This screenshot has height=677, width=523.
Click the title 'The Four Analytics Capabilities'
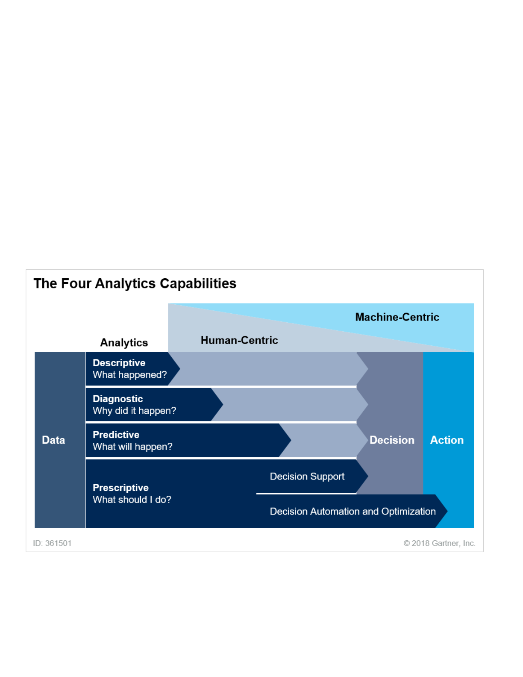pyautogui.click(x=135, y=284)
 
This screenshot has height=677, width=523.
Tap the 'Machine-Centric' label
pyautogui.click(x=397, y=317)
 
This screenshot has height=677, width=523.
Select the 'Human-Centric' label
pyautogui.click(x=239, y=340)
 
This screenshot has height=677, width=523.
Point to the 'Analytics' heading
pyautogui.click(x=124, y=343)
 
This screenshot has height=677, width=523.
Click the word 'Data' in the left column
pyautogui.click(x=53, y=440)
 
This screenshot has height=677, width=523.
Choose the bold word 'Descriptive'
pyautogui.click(x=119, y=363)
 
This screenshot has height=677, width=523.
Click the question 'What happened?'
pyautogui.click(x=129, y=374)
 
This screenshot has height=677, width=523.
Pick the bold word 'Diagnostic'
pyautogui.click(x=118, y=399)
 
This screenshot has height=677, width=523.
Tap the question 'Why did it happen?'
pyautogui.click(x=134, y=411)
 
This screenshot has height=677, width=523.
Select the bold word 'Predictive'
pyautogui.click(x=116, y=435)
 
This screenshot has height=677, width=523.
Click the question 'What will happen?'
pyautogui.click(x=132, y=447)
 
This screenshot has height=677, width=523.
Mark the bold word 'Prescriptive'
pyautogui.click(x=120, y=488)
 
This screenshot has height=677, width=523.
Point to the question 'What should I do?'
pyautogui.click(x=132, y=500)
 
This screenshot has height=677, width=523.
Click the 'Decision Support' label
pyautogui.click(x=307, y=477)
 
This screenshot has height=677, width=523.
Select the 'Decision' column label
pyautogui.click(x=392, y=440)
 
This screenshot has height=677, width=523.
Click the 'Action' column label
pyautogui.click(x=447, y=440)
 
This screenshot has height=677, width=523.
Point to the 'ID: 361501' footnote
pyautogui.click(x=52, y=543)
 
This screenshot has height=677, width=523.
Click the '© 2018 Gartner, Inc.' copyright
pyautogui.click(x=439, y=543)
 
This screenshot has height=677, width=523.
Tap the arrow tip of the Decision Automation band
pyautogui.click(x=447, y=511)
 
